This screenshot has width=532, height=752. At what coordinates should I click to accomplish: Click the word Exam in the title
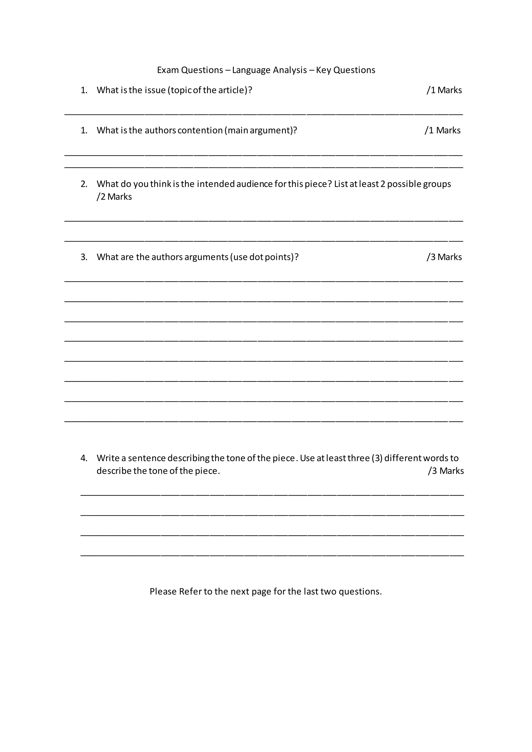pyautogui.click(x=168, y=70)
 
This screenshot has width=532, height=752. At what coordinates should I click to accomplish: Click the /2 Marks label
pyautogui.click(x=114, y=197)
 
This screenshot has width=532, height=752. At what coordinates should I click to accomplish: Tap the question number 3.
pyautogui.click(x=84, y=257)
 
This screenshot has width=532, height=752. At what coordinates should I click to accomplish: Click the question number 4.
pyautogui.click(x=84, y=458)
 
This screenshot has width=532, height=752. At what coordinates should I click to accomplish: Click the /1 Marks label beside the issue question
pyautogui.click(x=444, y=90)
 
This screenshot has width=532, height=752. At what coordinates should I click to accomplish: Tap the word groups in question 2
pyautogui.click(x=437, y=184)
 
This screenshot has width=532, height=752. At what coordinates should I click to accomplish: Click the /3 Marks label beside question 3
pyautogui.click(x=444, y=257)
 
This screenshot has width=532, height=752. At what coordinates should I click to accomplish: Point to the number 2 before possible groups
pyautogui.click(x=383, y=184)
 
